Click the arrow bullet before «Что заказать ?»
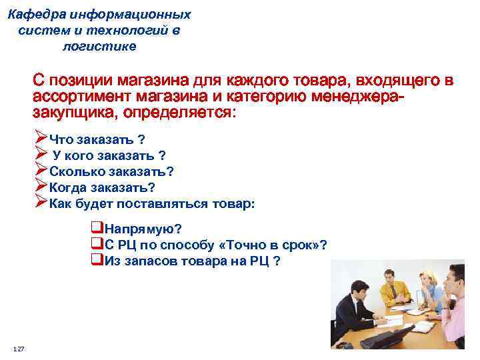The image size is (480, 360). pyautogui.click(x=40, y=139)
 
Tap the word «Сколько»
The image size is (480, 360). pyautogui.click(x=73, y=171)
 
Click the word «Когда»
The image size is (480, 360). pyautogui.click(x=67, y=187)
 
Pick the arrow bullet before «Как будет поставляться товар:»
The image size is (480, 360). pyautogui.click(x=40, y=203)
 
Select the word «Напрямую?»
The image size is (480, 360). pyautogui.click(x=143, y=229)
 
